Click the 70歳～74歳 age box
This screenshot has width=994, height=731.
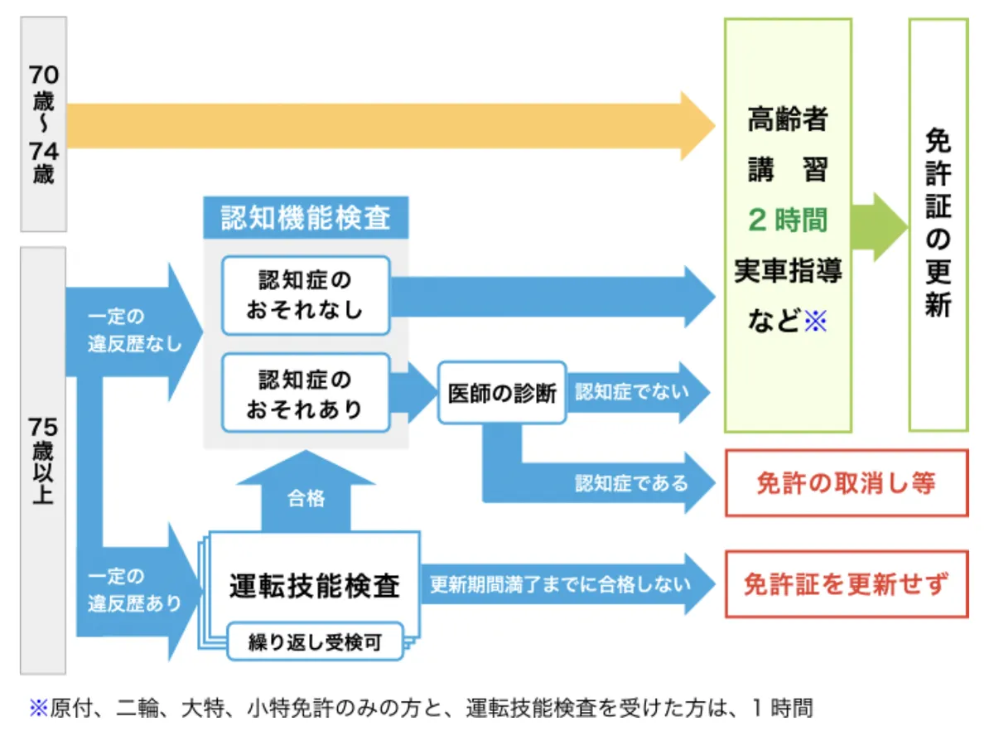43,124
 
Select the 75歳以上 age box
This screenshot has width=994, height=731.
43,461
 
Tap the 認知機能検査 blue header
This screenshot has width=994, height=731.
306,218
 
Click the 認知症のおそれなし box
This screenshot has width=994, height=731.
306,295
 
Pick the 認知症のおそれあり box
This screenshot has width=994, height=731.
306,393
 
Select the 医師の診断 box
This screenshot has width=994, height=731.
502,393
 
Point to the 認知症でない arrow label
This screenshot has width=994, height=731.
631,392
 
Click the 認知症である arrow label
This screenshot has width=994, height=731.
631,482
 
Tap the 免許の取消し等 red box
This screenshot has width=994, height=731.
847,483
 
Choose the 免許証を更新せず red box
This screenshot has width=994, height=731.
847,584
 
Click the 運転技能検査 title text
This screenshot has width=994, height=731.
315,586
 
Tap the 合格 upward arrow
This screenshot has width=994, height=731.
306,498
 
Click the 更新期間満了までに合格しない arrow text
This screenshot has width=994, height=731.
560,584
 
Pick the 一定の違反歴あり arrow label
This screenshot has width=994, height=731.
133,589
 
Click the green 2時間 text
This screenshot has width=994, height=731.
788,220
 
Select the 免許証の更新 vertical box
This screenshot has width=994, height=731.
938,224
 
